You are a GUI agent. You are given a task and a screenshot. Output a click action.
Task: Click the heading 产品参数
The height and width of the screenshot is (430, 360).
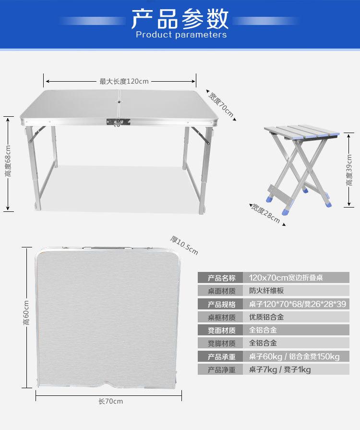(x=180, y=19)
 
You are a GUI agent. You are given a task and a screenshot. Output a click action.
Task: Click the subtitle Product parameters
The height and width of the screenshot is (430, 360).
(x=181, y=35)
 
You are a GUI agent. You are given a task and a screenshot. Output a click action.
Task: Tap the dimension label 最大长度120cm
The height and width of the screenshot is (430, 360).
(x=124, y=81)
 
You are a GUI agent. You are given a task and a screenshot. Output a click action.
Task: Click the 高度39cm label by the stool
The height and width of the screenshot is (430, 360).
(x=349, y=171)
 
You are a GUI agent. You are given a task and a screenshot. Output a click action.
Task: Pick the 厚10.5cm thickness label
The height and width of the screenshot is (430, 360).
(x=184, y=245)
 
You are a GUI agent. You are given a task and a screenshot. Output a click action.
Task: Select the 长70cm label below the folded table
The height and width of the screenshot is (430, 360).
(x=110, y=401)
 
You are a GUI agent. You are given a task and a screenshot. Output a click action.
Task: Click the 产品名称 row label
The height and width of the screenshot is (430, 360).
(x=222, y=278)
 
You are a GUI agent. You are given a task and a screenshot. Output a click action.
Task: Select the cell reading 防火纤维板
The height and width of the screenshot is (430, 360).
(x=267, y=291)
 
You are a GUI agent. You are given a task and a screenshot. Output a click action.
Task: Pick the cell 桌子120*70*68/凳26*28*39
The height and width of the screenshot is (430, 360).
(x=298, y=304)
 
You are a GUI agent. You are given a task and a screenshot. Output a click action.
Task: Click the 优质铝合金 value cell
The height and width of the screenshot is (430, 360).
(x=267, y=317)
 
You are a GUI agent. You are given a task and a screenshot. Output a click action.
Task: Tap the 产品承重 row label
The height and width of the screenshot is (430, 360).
(x=222, y=356)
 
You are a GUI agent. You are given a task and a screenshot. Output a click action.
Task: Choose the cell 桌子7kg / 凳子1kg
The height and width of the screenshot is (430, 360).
(x=280, y=369)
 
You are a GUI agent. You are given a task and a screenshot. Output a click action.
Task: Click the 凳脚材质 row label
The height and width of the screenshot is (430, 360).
(x=222, y=343)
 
